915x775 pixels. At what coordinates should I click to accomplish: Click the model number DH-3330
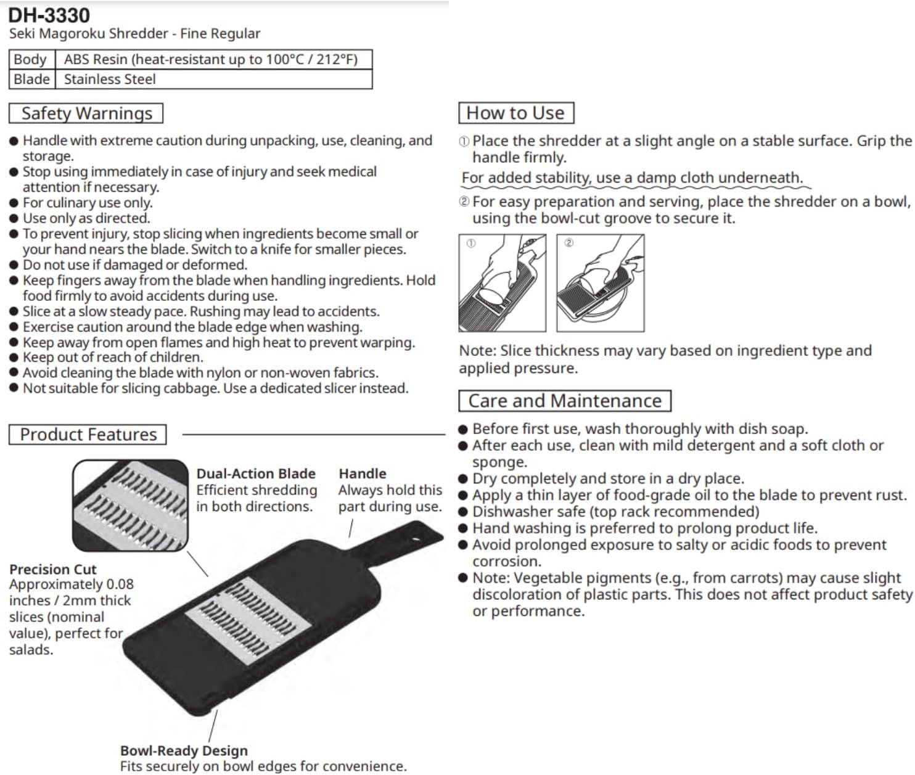pyautogui.click(x=49, y=15)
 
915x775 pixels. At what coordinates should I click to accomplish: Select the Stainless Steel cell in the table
pyautogui.click(x=110, y=80)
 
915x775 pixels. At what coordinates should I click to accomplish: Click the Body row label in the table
pyautogui.click(x=30, y=60)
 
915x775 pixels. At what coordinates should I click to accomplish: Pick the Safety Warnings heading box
pyautogui.click(x=86, y=113)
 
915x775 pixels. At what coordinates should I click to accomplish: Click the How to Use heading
pyautogui.click(x=515, y=113)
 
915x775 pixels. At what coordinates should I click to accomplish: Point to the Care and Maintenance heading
pyautogui.click(x=565, y=401)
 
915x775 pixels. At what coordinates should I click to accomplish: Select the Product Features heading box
pyautogui.click(x=88, y=435)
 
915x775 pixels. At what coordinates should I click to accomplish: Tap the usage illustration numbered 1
pyautogui.click(x=502, y=283)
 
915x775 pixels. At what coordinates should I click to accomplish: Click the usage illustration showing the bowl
pyautogui.click(x=600, y=283)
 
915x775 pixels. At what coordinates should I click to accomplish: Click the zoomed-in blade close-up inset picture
pyautogui.click(x=130, y=505)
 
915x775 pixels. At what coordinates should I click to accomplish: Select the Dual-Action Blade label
pyautogui.click(x=256, y=474)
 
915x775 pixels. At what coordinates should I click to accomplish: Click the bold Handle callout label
pyautogui.click(x=363, y=474)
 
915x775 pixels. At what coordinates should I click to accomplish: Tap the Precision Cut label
pyautogui.click(x=53, y=569)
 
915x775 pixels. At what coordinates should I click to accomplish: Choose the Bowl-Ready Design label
pyautogui.click(x=184, y=750)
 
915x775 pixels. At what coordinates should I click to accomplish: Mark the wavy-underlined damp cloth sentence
pyautogui.click(x=632, y=178)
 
